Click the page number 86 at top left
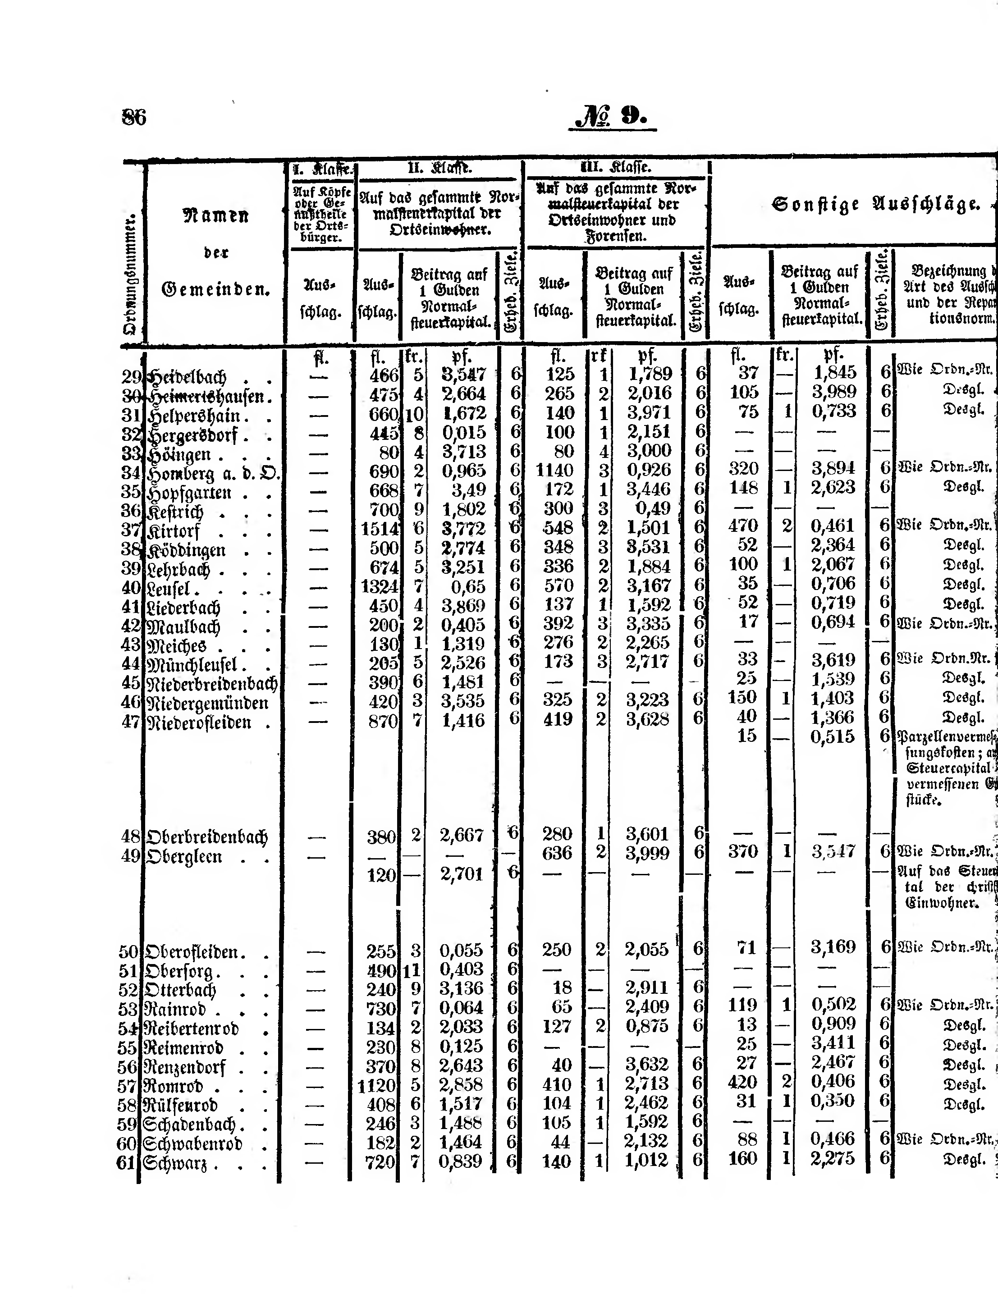(134, 117)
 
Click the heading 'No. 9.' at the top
(612, 116)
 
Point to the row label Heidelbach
(188, 376)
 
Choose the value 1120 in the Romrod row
(377, 1086)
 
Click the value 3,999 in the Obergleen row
(647, 854)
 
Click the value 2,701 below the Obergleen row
(462, 874)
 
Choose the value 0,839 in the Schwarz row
(461, 1161)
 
